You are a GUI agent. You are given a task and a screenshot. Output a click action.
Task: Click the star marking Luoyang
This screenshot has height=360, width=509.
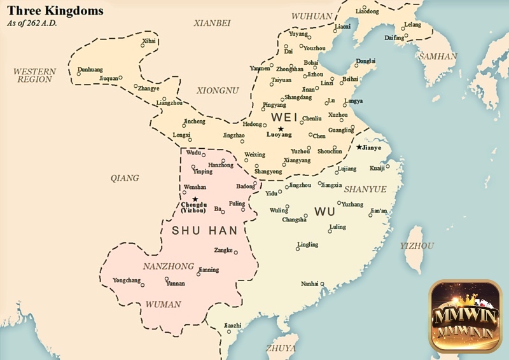281,128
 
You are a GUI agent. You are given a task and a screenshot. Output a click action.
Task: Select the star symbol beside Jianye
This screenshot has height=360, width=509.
359,147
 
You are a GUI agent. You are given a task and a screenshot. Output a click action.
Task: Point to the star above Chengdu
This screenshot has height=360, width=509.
195,199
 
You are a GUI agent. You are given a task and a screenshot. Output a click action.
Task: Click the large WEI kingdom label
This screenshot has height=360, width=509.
284,118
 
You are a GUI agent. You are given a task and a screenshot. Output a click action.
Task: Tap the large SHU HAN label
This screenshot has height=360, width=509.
204,230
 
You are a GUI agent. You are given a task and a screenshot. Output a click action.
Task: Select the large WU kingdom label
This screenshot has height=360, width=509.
324,212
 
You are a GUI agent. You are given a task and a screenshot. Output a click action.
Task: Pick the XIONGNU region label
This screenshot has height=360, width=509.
217,90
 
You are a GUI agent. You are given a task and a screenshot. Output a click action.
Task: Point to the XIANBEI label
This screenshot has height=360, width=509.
213,23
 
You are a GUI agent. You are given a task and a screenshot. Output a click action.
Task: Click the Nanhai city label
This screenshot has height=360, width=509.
309,284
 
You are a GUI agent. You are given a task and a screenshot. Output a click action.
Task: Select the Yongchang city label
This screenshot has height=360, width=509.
125,280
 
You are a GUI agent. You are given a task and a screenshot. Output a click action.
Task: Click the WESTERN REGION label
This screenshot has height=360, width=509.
34,75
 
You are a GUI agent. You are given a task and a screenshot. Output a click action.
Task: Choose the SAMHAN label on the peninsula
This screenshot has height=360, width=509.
438,56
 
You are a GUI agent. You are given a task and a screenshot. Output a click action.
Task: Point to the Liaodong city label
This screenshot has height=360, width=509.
366,11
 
